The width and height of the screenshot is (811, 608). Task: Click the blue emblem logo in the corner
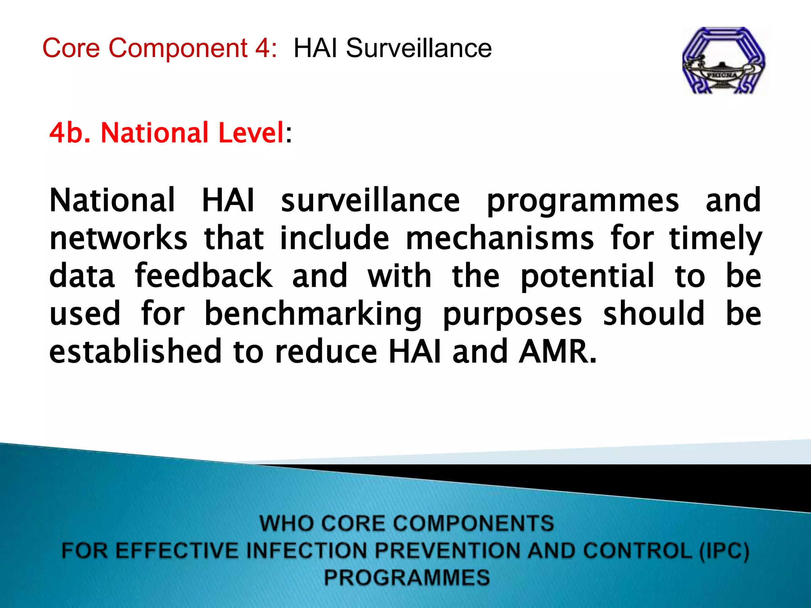pos(724,61)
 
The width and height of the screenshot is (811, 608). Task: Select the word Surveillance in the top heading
pos(419,48)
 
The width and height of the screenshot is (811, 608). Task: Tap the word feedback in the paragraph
pos(204,276)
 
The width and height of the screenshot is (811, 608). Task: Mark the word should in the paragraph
pos(654,313)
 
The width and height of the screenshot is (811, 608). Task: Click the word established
pos(135,351)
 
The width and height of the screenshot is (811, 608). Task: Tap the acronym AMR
pos(558,351)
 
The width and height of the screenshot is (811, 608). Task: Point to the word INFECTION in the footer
pos(307,551)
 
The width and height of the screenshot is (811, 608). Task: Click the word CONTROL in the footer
pos(638,551)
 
